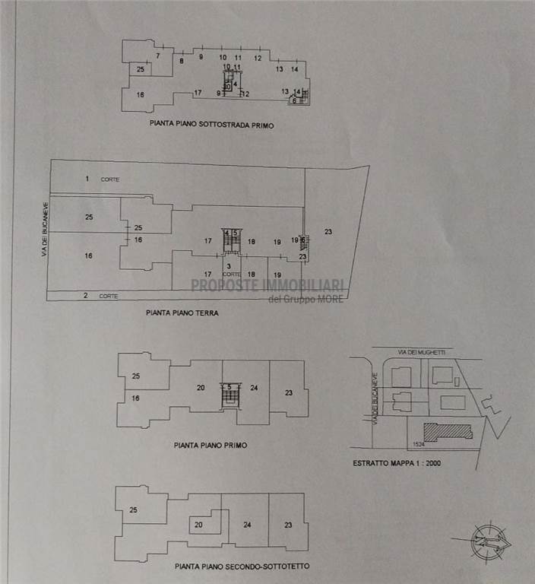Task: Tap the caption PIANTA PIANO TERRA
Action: pos(182,312)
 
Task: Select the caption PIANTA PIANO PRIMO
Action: pos(211,446)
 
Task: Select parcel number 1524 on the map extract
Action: pos(416,443)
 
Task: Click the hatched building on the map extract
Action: pos(448,431)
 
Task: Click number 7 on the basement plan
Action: pos(158,56)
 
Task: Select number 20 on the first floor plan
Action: pos(201,388)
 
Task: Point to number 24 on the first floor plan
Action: pos(255,388)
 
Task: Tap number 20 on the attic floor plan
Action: pos(198,524)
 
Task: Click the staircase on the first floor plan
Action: pos(229,396)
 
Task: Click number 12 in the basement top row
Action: pos(258,58)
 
